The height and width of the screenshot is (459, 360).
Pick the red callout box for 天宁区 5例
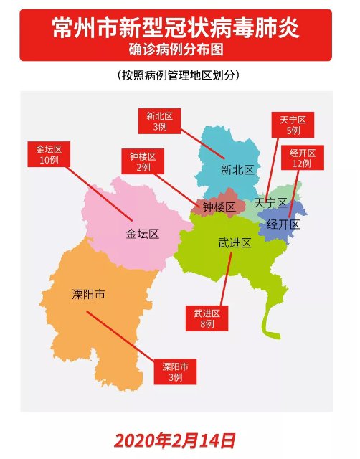click(x=293, y=126)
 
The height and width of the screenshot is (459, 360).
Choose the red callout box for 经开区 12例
click(x=307, y=158)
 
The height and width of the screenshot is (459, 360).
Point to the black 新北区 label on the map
click(x=237, y=170)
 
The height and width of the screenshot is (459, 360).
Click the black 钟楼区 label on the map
click(x=219, y=207)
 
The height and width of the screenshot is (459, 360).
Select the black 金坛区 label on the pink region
click(x=142, y=234)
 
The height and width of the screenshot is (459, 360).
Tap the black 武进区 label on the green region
click(x=235, y=243)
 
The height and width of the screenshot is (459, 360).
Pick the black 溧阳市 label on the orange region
click(x=89, y=294)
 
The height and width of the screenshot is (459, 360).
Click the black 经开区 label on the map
click(x=282, y=224)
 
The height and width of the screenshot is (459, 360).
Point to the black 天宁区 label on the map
click(x=270, y=204)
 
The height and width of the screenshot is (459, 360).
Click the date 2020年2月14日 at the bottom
click(x=174, y=439)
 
